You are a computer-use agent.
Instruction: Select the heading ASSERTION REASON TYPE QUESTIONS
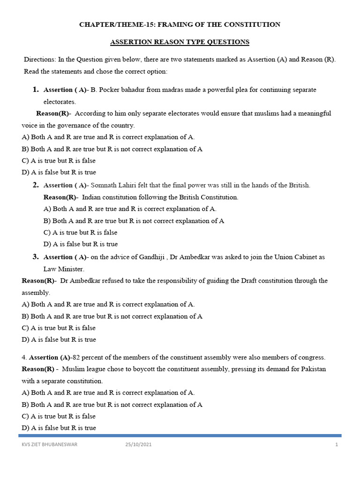tap(180, 42)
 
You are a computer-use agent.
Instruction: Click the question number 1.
tap(35, 89)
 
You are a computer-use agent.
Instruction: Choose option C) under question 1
tap(26, 161)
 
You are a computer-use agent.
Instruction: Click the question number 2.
tap(35, 185)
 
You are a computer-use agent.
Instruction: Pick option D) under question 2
tap(47, 244)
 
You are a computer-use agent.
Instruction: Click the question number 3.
tap(35, 257)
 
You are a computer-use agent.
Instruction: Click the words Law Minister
tap(61, 269)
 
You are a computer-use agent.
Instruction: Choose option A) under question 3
tap(26, 304)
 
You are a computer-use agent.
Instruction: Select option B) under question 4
tap(26, 405)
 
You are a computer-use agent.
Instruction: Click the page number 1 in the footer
tap(337, 445)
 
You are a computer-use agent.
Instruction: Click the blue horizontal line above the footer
tap(180, 435)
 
